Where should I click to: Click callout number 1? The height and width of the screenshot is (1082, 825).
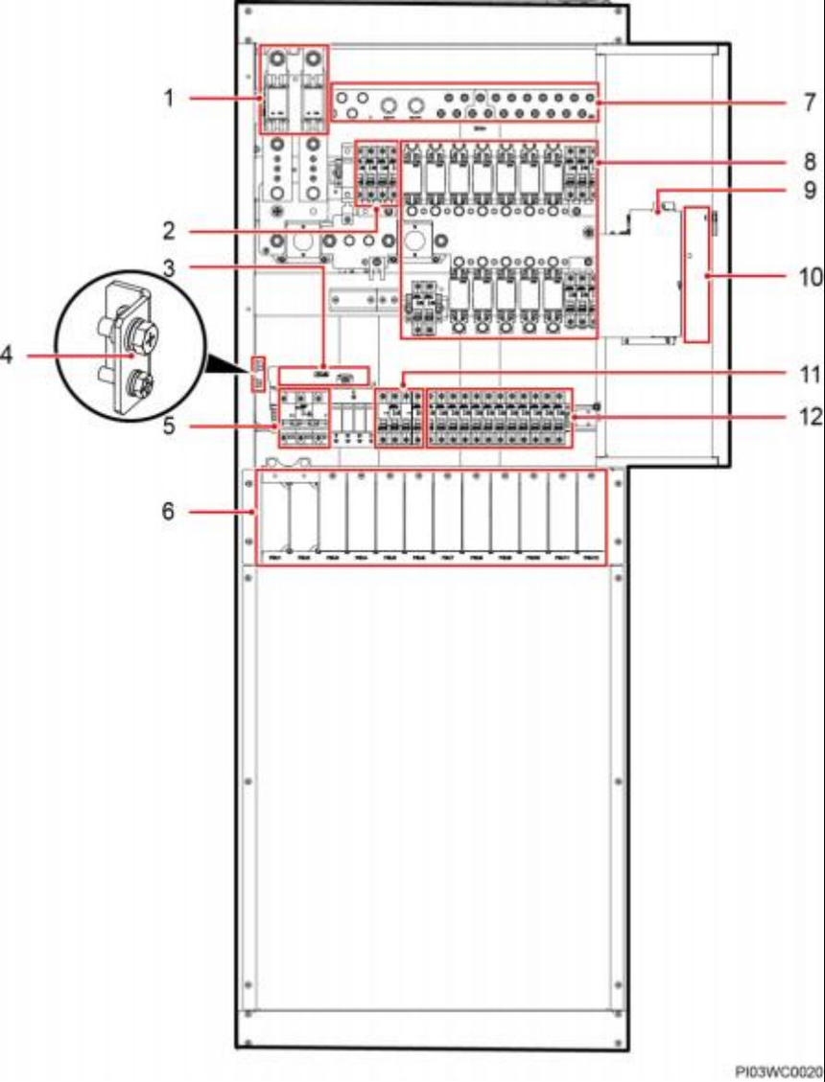click(x=168, y=99)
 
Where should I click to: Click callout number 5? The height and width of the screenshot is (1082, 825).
click(x=168, y=425)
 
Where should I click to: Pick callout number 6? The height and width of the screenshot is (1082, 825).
click(x=168, y=512)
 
